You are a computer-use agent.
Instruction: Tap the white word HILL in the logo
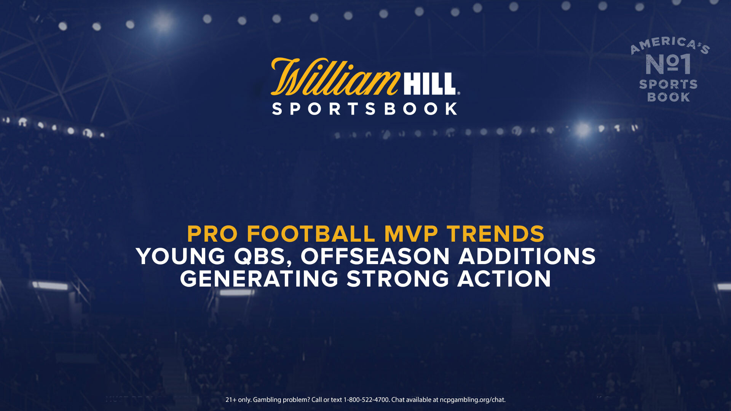click(x=429, y=84)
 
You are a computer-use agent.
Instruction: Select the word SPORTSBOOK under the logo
click(x=365, y=109)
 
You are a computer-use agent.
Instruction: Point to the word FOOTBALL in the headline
click(x=311, y=234)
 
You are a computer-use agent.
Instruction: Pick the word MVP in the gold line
click(x=411, y=234)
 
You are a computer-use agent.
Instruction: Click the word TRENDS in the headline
click(x=496, y=234)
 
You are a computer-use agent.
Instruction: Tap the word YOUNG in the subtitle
click(x=181, y=256)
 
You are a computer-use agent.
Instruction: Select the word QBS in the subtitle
click(x=262, y=257)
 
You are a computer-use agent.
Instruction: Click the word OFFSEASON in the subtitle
click(x=375, y=256)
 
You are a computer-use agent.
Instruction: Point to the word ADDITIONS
click(x=527, y=256)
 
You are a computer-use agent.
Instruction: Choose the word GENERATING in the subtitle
click(x=259, y=279)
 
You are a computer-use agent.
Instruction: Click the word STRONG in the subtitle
click(x=398, y=279)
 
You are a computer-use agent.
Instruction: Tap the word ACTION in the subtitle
click(x=504, y=279)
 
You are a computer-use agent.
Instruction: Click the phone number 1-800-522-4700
click(x=367, y=400)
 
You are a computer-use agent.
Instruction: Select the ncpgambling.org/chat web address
click(x=472, y=400)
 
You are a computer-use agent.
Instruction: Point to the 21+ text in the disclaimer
click(x=231, y=400)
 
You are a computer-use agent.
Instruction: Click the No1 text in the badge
click(x=668, y=64)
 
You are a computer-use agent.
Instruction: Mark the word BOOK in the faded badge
click(x=669, y=97)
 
